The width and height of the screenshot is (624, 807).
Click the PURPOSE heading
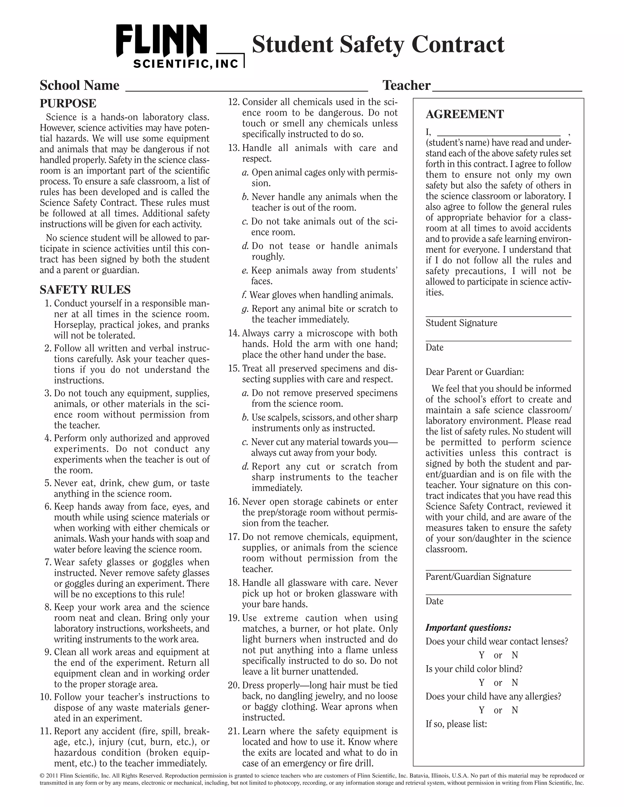68,103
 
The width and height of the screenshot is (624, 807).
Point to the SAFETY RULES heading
85,289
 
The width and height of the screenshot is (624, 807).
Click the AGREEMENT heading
464,114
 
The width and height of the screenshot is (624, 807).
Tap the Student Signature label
461,323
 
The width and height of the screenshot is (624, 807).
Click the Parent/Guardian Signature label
478,577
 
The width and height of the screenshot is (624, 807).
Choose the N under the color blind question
515,682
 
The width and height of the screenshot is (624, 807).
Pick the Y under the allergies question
481,710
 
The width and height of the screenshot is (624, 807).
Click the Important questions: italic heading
468,628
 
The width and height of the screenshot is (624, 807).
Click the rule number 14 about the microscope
234,333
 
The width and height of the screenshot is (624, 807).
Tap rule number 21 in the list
234,731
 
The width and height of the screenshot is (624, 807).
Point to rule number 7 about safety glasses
48,562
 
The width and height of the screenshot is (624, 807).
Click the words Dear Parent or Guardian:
475,372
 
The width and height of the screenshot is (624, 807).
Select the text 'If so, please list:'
456,724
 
